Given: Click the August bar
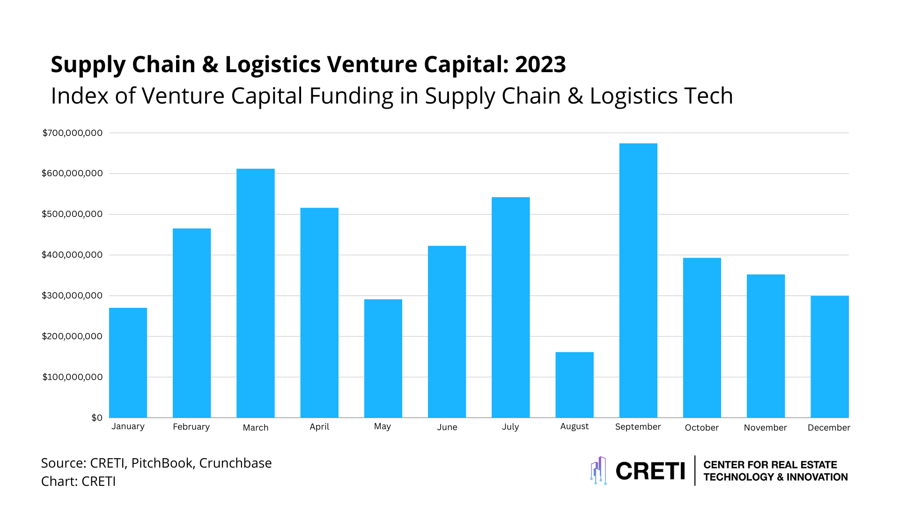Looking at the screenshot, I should click(x=575, y=385).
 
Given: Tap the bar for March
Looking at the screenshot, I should click(x=255, y=293).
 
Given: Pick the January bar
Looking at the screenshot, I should click(x=128, y=363).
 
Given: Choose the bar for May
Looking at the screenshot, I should click(x=383, y=358).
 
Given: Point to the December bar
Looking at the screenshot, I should click(x=829, y=357).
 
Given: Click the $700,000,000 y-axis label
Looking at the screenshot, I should click(x=73, y=133).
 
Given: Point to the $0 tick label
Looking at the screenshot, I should click(x=97, y=417).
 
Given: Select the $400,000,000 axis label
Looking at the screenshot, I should click(x=72, y=255).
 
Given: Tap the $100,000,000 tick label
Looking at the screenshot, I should click(x=72, y=377).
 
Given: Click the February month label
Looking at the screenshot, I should click(x=191, y=427).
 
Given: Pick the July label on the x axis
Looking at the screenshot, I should click(x=510, y=427).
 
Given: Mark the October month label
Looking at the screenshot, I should click(x=701, y=427).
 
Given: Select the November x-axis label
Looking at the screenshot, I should click(x=765, y=427).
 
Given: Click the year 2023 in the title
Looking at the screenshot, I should click(x=540, y=64).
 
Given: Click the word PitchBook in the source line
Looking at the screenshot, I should click(x=162, y=463).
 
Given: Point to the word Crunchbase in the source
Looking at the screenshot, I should click(x=235, y=463).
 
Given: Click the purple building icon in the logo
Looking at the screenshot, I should click(x=598, y=470).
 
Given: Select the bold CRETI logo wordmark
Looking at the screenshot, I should click(x=650, y=471).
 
